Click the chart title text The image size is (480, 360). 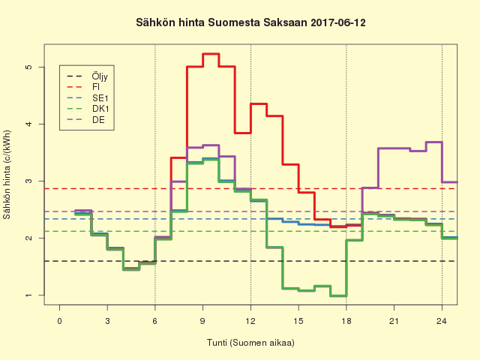250,23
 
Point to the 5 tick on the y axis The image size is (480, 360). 30,67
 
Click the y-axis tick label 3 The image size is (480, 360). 30,181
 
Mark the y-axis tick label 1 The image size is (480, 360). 30,295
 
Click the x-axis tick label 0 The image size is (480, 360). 59,321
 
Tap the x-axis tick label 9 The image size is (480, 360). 202,321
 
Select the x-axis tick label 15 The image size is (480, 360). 298,321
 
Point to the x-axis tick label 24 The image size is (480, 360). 442,321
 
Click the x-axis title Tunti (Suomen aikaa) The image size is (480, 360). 250,343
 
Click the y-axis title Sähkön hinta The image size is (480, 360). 8,181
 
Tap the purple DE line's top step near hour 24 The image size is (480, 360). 433,142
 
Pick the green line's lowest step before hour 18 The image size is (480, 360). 338,296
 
